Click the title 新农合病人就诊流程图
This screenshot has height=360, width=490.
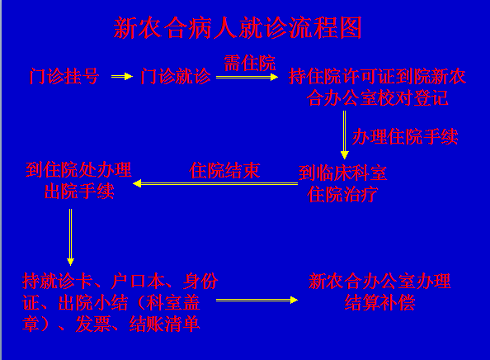[x=238, y=28]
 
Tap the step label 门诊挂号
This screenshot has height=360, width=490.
[x=64, y=76]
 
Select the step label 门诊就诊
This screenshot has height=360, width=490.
[x=176, y=76]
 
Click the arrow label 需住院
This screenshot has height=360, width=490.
[x=249, y=64]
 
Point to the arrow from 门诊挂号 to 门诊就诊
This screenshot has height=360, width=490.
[x=122, y=76]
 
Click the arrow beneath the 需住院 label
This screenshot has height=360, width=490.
[x=247, y=77]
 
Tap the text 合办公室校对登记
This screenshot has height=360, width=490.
[x=377, y=98]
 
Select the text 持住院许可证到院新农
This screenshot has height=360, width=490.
[x=377, y=77]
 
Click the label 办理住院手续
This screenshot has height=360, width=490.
[x=405, y=137]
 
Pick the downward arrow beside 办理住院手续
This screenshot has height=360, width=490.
[x=344, y=135]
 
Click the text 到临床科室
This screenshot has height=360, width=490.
[x=342, y=173]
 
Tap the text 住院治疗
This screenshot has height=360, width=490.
[x=342, y=195]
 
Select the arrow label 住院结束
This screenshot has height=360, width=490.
[x=224, y=170]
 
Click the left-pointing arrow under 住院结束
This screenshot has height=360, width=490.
[x=215, y=183]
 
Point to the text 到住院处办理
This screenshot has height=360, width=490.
[x=78, y=170]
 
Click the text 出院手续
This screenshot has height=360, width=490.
[x=79, y=191]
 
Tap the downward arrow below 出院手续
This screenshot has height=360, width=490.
[x=71, y=237]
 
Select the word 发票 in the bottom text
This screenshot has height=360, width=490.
[x=93, y=324]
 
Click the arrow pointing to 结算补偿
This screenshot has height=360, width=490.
[x=257, y=301]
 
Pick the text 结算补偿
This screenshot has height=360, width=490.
[x=379, y=302]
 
